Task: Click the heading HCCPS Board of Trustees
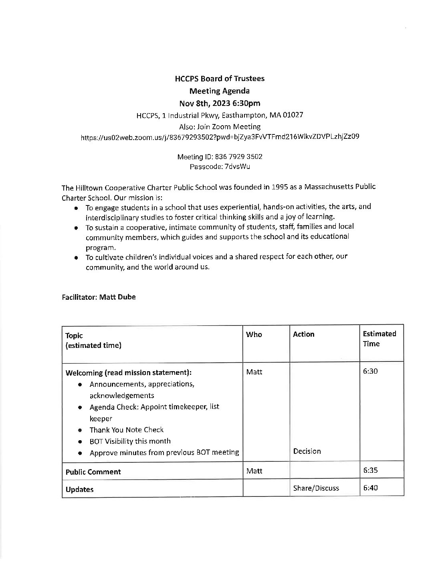click(220, 79)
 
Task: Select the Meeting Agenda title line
click(220, 91)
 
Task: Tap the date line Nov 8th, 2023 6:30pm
click(220, 104)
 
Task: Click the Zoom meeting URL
click(220, 137)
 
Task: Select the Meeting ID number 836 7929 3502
click(239, 156)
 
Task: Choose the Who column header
click(254, 334)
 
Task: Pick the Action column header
click(303, 334)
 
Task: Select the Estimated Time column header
click(379, 339)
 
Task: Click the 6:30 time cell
click(370, 371)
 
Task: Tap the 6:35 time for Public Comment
click(370, 471)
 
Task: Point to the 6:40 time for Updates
click(370, 488)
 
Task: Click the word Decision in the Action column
click(307, 451)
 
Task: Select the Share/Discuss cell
click(316, 488)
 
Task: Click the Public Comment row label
click(93, 472)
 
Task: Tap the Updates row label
click(79, 490)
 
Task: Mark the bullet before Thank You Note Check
click(81, 430)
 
